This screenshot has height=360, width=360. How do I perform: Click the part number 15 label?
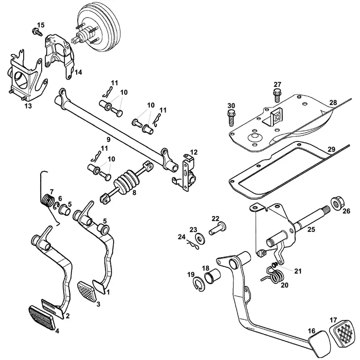coord(41,25)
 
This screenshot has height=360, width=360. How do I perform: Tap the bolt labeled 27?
coord(277,95)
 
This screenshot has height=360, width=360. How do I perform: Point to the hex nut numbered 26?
coord(338,203)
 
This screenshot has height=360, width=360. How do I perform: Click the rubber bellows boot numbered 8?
coord(125,184)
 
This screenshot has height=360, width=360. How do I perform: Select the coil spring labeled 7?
coord(49,199)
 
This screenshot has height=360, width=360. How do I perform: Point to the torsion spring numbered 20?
coord(276,276)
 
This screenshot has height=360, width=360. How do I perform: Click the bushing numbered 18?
coord(213,278)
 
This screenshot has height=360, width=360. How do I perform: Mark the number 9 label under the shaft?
coord(108,139)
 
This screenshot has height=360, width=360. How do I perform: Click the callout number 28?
coord(333,103)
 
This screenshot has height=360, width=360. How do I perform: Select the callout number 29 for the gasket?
coord(332,149)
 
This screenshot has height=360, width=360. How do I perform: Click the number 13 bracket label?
coord(28,105)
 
